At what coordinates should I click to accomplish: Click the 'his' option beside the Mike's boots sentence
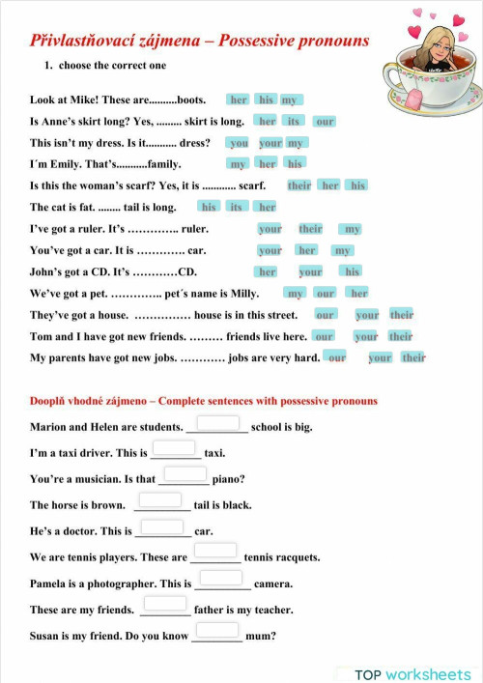[x=266, y=100]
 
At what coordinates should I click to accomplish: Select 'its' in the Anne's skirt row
[x=294, y=122]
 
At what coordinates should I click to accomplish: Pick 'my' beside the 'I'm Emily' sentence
[x=239, y=164]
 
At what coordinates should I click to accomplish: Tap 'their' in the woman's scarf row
[x=299, y=185]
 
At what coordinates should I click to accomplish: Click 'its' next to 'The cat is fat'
[x=236, y=207]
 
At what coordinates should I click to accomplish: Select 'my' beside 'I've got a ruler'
[x=353, y=229]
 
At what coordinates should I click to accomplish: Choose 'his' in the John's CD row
[x=353, y=271]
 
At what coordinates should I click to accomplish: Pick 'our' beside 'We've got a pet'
[x=326, y=294]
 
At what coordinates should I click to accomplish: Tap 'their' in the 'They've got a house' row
[x=402, y=315]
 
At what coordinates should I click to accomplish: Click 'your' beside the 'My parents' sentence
[x=381, y=357]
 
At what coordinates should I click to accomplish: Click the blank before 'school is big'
[x=217, y=423]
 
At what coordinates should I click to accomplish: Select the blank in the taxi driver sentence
[x=174, y=448]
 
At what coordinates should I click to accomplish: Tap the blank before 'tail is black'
[x=160, y=500]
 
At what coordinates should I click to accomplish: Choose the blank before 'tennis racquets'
[x=215, y=554]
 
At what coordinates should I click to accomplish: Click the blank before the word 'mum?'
[x=216, y=632]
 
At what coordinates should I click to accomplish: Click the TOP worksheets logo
[x=412, y=674]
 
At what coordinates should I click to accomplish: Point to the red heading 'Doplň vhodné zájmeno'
[x=92, y=400]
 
